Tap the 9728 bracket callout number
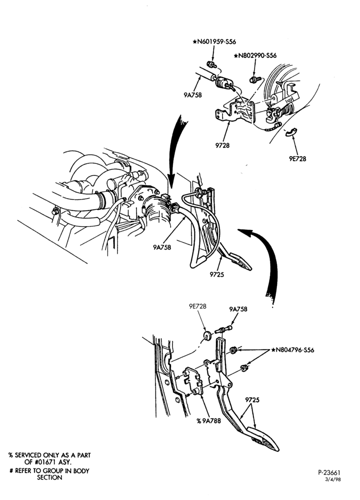pyautogui.click(x=222, y=145)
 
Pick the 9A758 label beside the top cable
pyautogui.click(x=192, y=94)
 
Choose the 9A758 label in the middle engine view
pyautogui.click(x=162, y=247)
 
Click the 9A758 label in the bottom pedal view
pyautogui.click(x=238, y=309)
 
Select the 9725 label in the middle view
pyautogui.click(x=217, y=274)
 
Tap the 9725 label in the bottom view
pyautogui.click(x=252, y=399)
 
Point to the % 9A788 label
pyautogui.click(x=208, y=420)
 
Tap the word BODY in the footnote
pyautogui.click(x=80, y=470)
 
